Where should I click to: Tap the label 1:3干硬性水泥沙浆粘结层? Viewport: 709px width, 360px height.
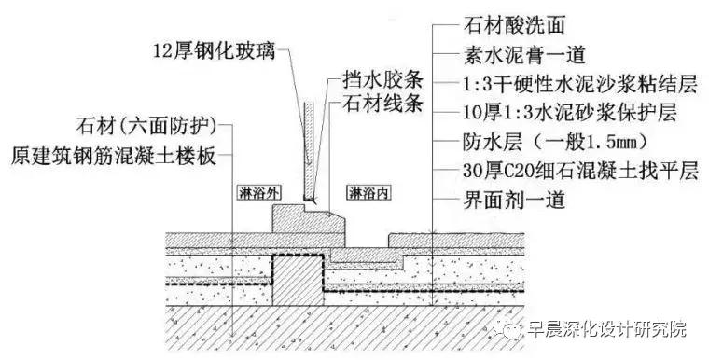(567, 84)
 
